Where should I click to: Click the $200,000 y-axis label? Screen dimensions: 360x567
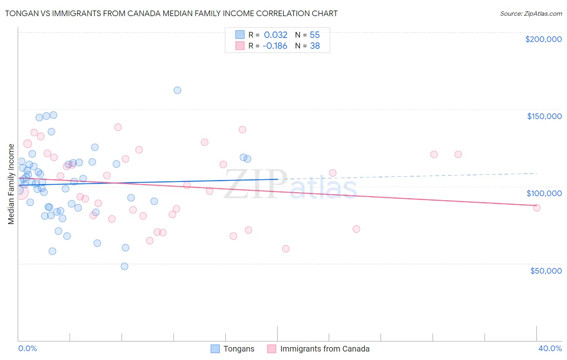543,39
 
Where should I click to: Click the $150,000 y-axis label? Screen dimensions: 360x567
544,116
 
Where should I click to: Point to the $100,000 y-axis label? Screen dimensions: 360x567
544,193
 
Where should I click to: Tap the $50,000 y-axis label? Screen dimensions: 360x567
546,271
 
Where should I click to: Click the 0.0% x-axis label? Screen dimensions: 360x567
27,349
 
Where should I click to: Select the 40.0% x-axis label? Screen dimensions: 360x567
550,349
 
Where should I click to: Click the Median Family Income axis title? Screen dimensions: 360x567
11,184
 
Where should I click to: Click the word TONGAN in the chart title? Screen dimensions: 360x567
20,13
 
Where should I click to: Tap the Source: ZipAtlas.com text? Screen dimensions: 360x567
531,13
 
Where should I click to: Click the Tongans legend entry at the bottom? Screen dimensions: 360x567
239,349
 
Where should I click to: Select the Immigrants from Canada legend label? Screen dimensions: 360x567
325,349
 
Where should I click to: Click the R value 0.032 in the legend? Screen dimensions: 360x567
275,35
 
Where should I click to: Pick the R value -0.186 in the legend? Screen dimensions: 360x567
275,46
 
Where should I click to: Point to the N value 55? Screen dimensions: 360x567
315,35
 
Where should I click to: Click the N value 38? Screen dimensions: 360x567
315,46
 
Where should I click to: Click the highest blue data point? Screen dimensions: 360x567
177,90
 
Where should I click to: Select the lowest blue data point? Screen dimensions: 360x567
125,266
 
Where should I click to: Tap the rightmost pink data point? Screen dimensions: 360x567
537,208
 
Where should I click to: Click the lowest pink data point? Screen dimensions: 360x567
286,249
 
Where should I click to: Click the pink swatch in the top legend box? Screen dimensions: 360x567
240,46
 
